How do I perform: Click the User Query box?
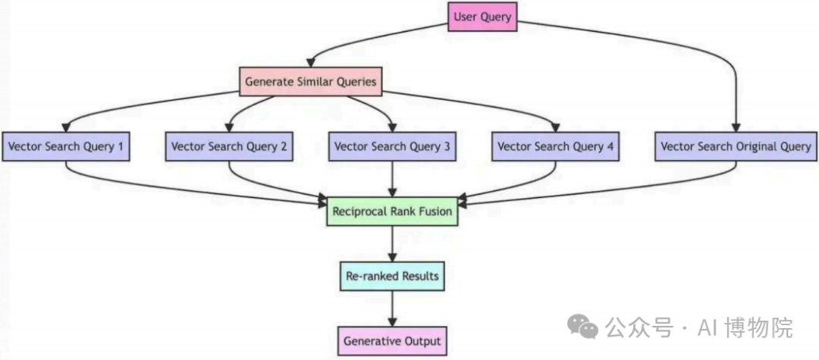[482, 17]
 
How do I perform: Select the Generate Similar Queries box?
[310, 82]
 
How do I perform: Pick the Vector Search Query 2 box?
[229, 146]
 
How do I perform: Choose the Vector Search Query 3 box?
[392, 146]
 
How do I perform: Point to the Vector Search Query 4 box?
[555, 146]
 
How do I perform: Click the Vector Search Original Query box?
[736, 146]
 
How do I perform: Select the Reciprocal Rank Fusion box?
[392, 211]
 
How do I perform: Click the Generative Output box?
[392, 341]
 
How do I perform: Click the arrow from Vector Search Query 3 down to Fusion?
[392, 178]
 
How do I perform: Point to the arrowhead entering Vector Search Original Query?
[736, 127]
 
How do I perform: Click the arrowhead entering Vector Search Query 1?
[65, 127]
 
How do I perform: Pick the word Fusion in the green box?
[435, 211]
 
